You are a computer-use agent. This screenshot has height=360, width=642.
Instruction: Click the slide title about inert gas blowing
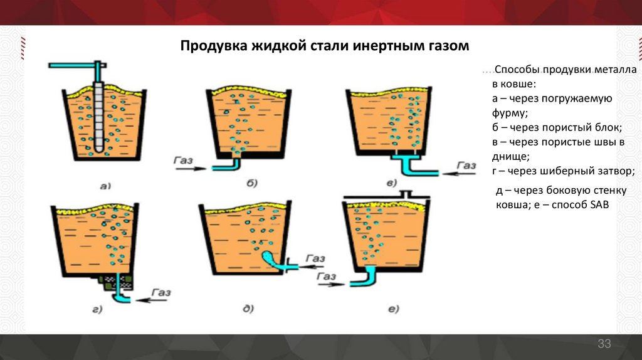tap(324, 46)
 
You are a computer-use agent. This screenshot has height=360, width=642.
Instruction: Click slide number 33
tap(604, 343)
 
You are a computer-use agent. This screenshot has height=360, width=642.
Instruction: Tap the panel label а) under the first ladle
tap(105, 185)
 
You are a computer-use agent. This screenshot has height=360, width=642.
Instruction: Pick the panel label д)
tap(248, 307)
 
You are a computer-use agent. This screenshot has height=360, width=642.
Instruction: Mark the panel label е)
tap(394, 308)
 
